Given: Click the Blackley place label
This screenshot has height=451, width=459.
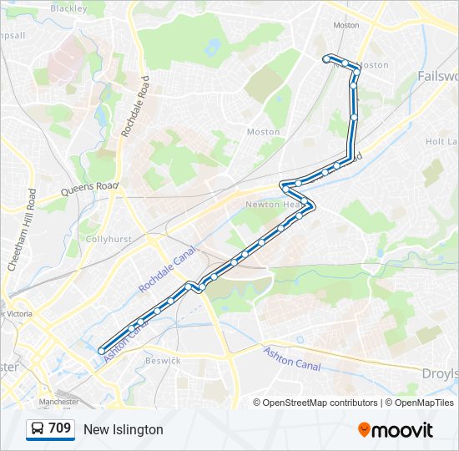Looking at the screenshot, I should click(68, 8).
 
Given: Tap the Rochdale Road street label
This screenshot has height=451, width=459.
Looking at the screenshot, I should click(134, 106).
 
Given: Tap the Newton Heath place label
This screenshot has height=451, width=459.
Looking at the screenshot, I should click(268, 205).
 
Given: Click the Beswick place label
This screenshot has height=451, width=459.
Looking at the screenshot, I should click(162, 361).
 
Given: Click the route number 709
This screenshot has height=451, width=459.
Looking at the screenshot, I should click(59, 428).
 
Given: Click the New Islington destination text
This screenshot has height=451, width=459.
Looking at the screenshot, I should click(124, 429).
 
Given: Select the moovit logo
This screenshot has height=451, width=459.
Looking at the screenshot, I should click(396, 430).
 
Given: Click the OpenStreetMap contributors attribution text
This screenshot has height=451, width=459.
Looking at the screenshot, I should click(320, 403).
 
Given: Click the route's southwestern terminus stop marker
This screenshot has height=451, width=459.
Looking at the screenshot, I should click(102, 352).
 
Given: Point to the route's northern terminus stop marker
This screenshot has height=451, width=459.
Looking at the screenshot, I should click(326, 58).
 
